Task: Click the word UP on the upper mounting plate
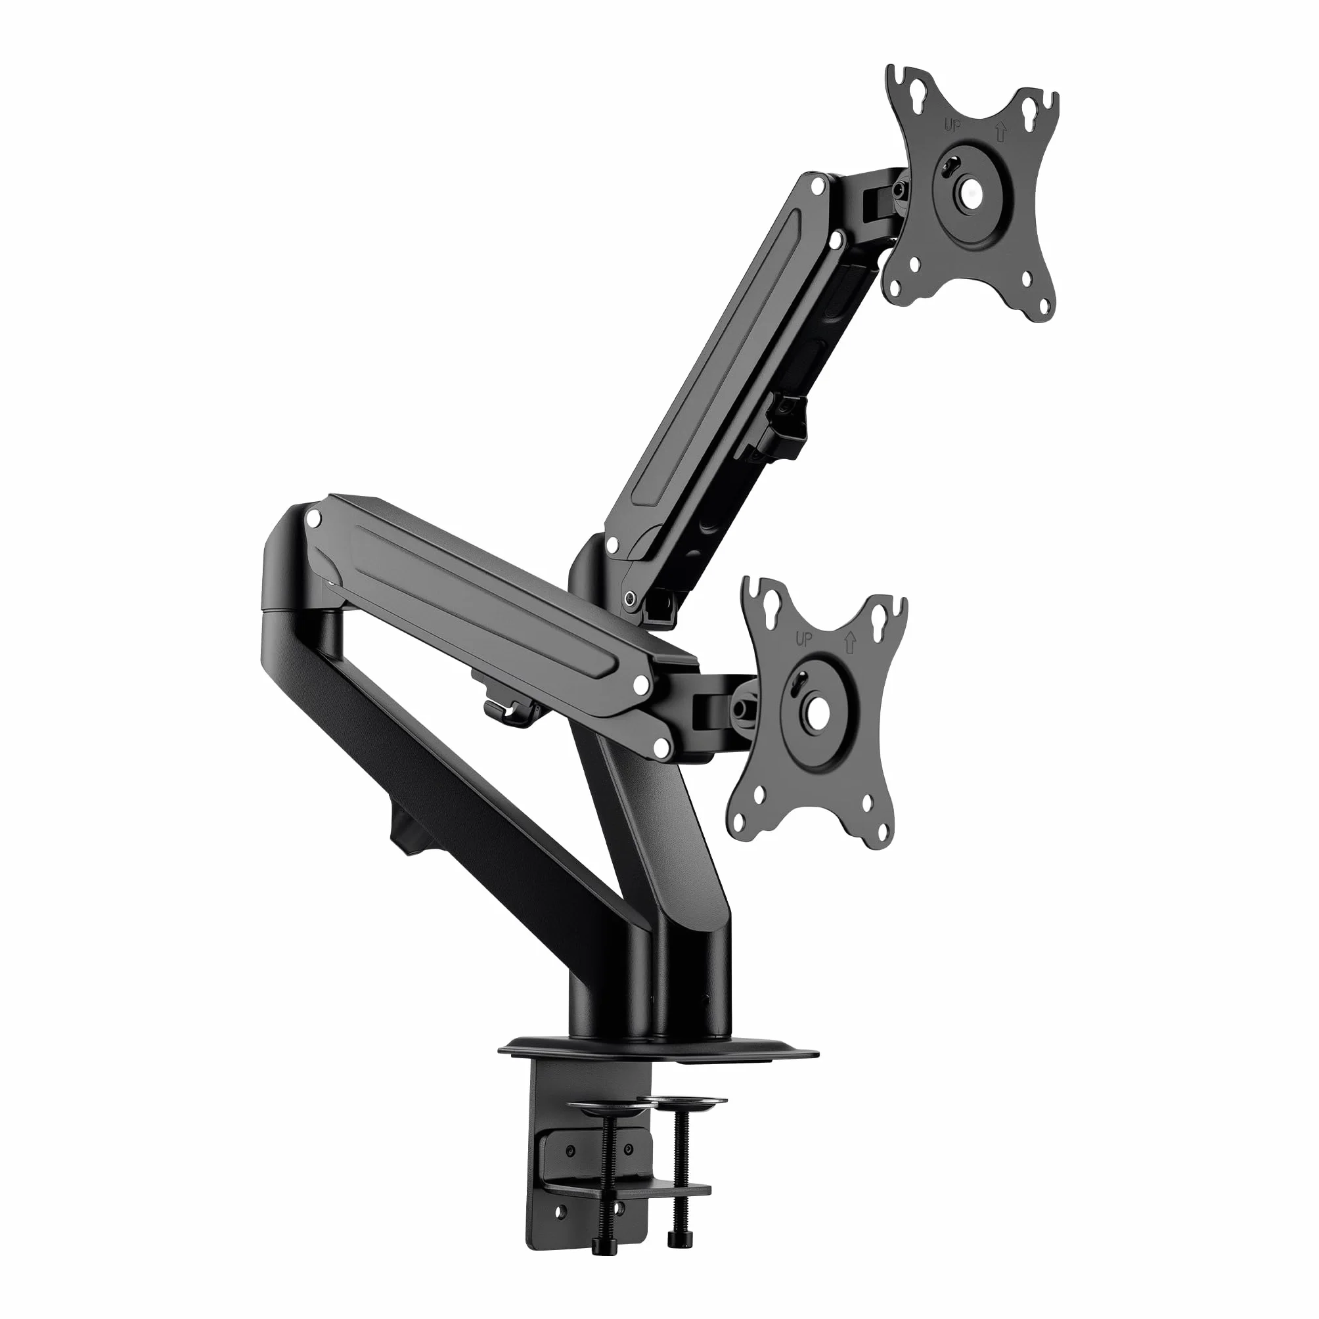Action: tap(950, 125)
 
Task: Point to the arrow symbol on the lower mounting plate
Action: tap(851, 643)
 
